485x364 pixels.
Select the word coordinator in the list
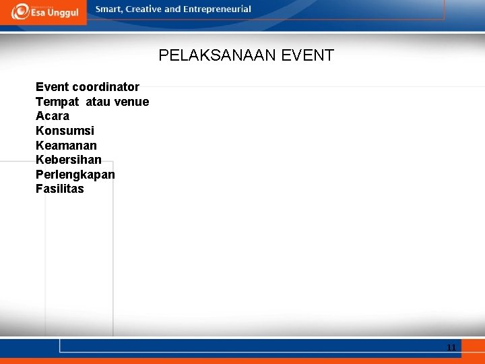coord(106,87)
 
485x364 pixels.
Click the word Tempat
coord(57,102)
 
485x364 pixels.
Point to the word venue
coord(132,102)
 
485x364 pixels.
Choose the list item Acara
coord(53,116)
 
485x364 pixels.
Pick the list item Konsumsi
coord(65,131)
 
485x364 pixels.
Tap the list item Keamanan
coord(66,146)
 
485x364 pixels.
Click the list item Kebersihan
coord(69,160)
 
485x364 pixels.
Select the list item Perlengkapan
coord(75,175)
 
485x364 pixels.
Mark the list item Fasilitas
coord(60,189)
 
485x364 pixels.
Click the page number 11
coord(451,348)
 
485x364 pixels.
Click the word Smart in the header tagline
coord(109,9)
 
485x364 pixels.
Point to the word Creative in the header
coord(143,9)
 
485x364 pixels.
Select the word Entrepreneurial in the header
coord(218,9)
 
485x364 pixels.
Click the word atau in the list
coord(98,102)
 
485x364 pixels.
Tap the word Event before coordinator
coord(52,87)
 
